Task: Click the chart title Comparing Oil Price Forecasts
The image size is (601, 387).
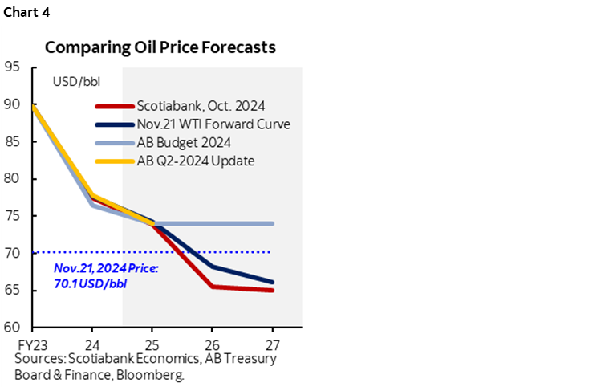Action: click(x=160, y=47)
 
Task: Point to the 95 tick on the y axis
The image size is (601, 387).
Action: click(x=12, y=67)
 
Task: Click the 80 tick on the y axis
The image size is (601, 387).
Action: click(x=12, y=179)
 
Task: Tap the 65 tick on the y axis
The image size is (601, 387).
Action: click(x=12, y=291)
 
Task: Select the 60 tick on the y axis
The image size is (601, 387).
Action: click(x=12, y=328)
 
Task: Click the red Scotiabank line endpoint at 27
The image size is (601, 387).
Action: click(x=273, y=290)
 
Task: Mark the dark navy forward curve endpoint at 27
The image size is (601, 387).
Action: click(x=273, y=282)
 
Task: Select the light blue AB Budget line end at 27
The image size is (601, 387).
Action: click(x=273, y=223)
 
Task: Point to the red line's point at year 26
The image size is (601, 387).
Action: click(x=213, y=287)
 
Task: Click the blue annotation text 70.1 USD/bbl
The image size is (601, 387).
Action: click(x=90, y=284)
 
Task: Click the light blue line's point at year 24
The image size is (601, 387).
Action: click(x=92, y=206)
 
